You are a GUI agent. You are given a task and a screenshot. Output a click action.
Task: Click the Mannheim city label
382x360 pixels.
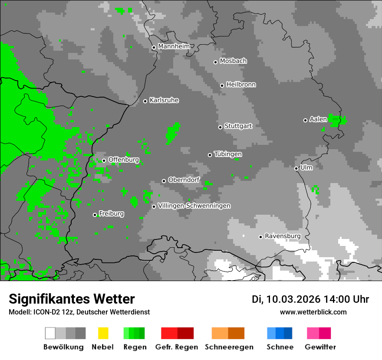tap(174, 46)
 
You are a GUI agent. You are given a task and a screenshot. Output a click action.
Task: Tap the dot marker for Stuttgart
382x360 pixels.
tap(220, 127)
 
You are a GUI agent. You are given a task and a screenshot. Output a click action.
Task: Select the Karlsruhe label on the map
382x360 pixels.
tap(164, 100)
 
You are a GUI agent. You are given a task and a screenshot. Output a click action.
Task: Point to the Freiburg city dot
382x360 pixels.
tap(95, 215)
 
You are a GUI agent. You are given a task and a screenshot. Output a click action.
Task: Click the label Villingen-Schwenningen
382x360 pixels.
tap(194, 206)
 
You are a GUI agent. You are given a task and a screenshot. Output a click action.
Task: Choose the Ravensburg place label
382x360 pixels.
tap(283, 236)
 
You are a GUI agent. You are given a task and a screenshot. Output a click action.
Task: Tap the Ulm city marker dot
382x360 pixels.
tap(296, 168)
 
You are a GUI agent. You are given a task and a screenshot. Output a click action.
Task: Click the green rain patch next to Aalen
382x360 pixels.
tap(337, 120)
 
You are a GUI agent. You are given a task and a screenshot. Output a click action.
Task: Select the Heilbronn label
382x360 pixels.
tap(241, 85)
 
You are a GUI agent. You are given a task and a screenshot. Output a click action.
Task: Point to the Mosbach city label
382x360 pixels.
tap(233, 61)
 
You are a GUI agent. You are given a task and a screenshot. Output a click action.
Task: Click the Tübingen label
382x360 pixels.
tap(228, 154)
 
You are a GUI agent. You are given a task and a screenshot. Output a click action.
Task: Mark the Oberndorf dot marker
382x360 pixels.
tap(164, 181)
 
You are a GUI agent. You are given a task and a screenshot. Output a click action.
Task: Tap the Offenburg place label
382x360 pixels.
tap(124, 160)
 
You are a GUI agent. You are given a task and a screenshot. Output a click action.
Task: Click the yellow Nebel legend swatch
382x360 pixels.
tap(103, 333)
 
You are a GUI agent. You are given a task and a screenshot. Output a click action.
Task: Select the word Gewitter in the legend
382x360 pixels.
tap(320, 347)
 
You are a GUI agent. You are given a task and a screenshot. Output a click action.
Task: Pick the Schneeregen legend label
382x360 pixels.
tap(229, 347)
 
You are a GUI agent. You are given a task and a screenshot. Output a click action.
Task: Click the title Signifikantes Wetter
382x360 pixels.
tap(72, 299)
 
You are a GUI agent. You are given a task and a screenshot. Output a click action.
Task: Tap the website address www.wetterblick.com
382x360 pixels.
tap(313, 312)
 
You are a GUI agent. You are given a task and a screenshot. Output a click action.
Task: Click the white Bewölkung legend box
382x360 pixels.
tap(50, 333)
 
